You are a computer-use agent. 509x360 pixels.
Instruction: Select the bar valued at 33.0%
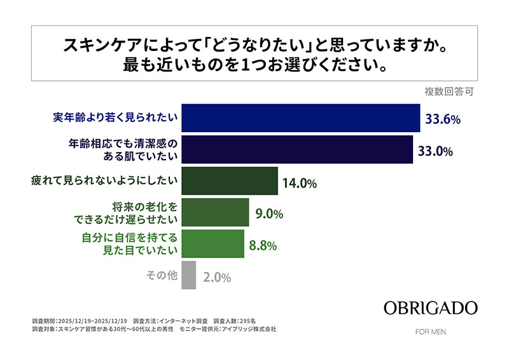298,149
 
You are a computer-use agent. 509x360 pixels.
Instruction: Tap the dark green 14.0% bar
230,181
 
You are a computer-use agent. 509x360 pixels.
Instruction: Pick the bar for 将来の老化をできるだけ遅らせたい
215,213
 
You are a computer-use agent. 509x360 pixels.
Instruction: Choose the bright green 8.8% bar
213,244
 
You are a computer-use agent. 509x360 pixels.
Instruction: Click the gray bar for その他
188,275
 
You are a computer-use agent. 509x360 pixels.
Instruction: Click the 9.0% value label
268,214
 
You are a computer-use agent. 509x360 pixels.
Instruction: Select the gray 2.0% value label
217,278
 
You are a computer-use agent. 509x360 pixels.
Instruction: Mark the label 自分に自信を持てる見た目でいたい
129,244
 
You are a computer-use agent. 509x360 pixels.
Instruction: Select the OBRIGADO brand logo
430,308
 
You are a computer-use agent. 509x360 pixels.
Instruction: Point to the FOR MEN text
430,331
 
